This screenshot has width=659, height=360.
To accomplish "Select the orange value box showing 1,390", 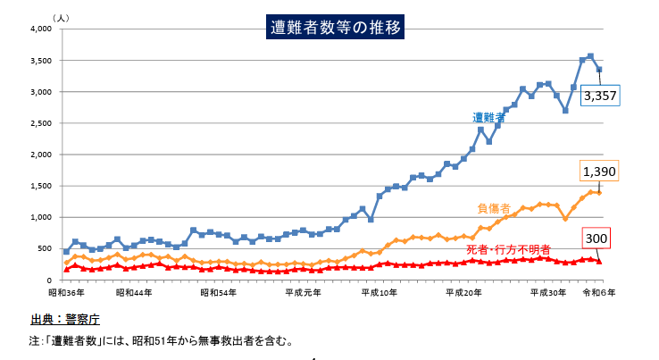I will [x=599, y=172].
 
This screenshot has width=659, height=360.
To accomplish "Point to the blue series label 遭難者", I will [x=489, y=118].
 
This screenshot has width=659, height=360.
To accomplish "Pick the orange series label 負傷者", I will [x=494, y=208].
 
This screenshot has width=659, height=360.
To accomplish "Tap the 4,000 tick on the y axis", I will [x=42, y=29].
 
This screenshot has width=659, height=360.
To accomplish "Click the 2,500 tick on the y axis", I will [x=42, y=123].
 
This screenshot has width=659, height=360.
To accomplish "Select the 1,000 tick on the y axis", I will [x=42, y=217].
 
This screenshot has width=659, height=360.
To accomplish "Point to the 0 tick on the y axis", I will [x=51, y=280].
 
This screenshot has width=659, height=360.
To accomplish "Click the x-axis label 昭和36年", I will [x=66, y=292].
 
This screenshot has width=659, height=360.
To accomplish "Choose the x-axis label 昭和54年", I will [x=219, y=292].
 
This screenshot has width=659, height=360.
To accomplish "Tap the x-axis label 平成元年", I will [x=303, y=292].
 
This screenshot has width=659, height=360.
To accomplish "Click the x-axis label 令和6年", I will [x=600, y=292].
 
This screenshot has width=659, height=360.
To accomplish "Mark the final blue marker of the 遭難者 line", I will [x=599, y=70].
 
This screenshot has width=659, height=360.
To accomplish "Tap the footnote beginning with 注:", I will [x=161, y=340].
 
